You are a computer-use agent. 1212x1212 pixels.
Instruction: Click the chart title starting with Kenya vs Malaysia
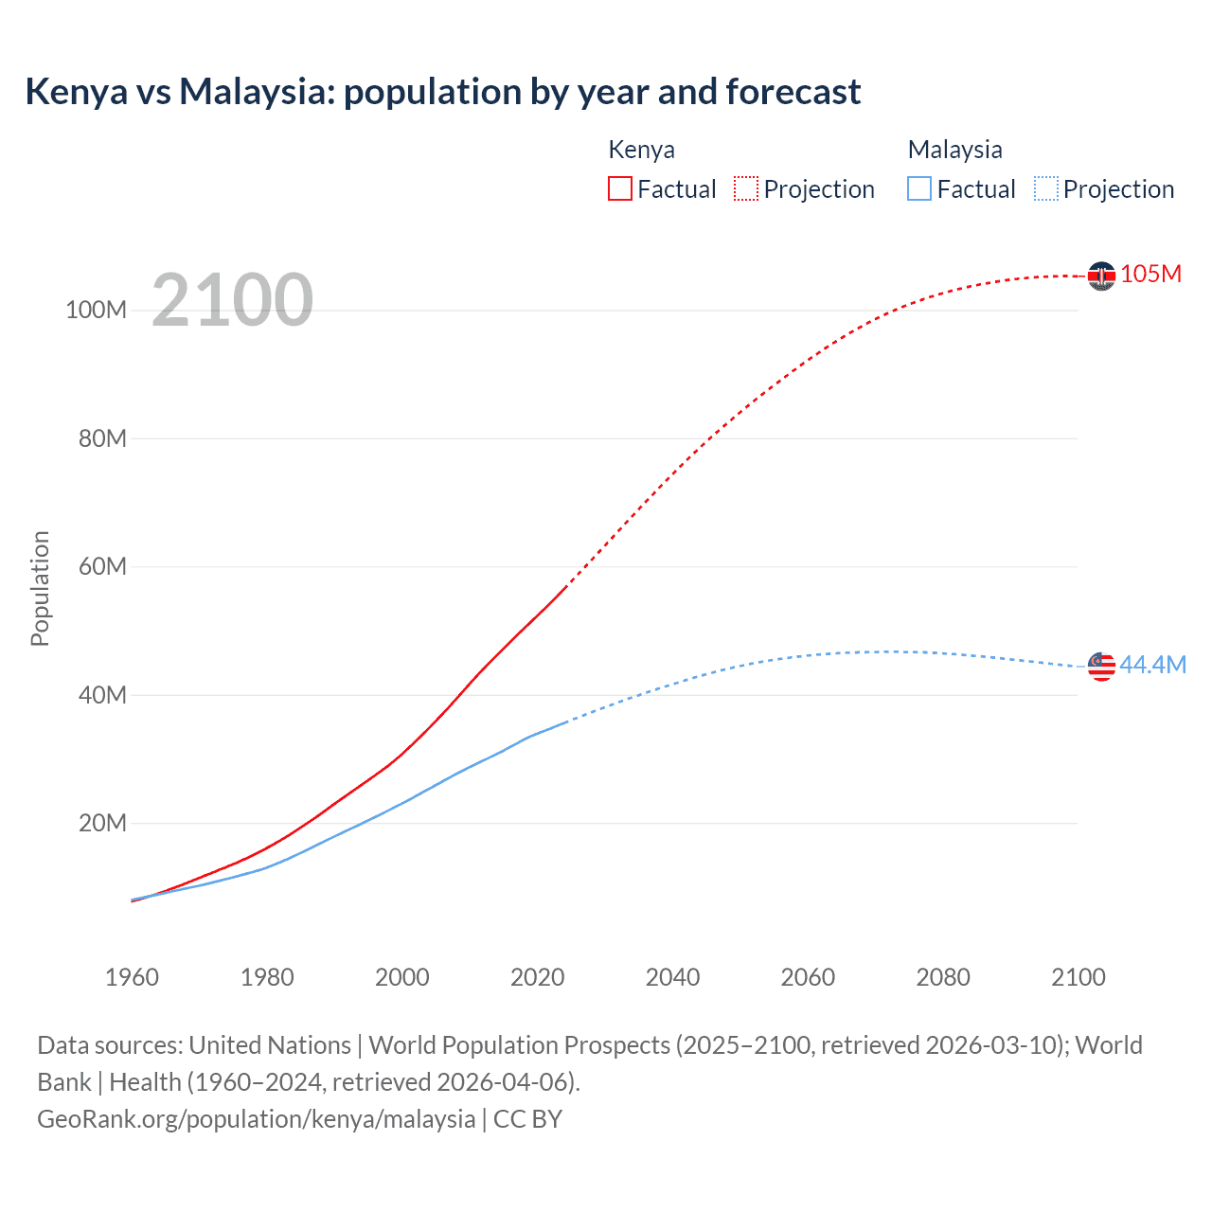[443, 92]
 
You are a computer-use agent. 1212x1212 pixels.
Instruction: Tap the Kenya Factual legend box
[619, 188]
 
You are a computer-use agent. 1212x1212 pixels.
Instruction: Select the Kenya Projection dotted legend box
[746, 188]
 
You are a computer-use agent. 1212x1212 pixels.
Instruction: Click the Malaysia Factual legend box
[918, 188]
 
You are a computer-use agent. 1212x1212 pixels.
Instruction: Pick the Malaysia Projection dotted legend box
[1046, 188]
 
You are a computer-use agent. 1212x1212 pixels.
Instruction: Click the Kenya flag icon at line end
[1101, 276]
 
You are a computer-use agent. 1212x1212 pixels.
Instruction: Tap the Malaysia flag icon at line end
[1101, 667]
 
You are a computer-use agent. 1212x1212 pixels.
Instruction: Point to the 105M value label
[1150, 274]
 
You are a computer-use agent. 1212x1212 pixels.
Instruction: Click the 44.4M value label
[1152, 665]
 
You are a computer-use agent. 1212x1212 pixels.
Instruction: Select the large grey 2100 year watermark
[232, 299]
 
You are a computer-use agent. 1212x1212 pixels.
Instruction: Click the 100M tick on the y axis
[96, 311]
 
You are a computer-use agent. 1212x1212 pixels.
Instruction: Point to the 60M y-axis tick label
[102, 567]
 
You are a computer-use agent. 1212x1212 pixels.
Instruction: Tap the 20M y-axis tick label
[102, 823]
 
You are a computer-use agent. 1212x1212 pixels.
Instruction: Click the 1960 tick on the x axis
[132, 977]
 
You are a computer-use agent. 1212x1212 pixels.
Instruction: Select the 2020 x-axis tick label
[537, 977]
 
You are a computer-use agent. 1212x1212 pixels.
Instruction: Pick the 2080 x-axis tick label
[942, 977]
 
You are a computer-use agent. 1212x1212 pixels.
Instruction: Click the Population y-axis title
[40, 588]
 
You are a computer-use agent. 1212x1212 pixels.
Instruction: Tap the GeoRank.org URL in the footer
[256, 1119]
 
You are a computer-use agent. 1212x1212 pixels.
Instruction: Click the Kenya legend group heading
[641, 150]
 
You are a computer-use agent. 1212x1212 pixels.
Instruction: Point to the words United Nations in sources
[270, 1045]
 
